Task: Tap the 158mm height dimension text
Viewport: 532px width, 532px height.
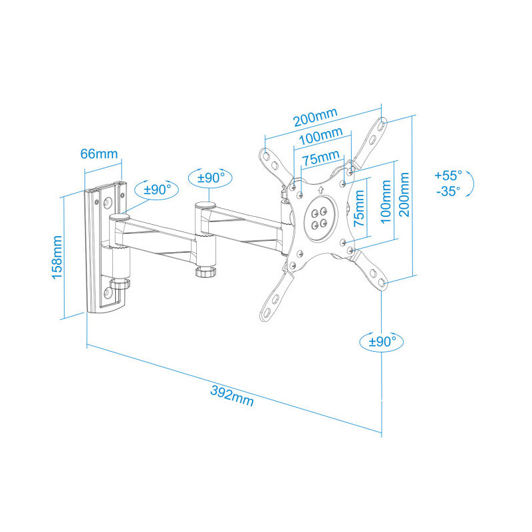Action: click(58, 256)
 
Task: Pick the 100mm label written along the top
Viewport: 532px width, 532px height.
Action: click(320, 136)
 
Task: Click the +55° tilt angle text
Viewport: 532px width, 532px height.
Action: click(448, 176)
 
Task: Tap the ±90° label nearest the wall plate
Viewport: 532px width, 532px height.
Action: click(158, 189)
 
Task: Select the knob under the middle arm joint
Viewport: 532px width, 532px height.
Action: click(205, 273)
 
